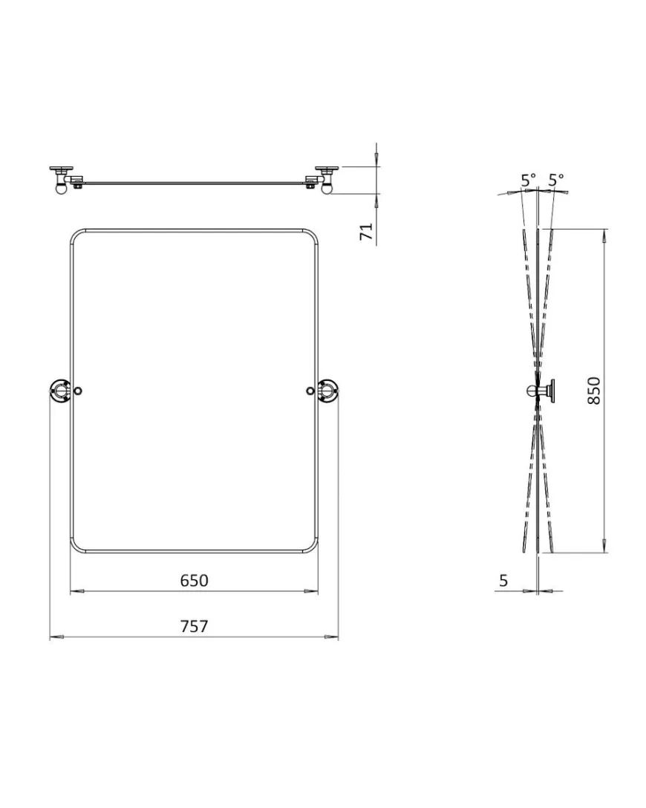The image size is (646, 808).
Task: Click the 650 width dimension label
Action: [x=195, y=580]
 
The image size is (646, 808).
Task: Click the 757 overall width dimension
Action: [x=195, y=626]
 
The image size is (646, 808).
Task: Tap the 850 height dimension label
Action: [x=594, y=391]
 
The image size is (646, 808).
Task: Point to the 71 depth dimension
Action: [x=366, y=232]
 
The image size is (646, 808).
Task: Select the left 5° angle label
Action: [x=528, y=180]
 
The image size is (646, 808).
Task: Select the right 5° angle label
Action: [x=556, y=180]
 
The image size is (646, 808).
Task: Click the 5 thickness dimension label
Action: [x=504, y=580]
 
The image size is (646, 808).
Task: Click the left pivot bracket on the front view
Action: [x=59, y=391]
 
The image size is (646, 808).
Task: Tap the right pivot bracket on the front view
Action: [x=327, y=391]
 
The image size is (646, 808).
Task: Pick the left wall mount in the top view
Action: [x=62, y=179]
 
